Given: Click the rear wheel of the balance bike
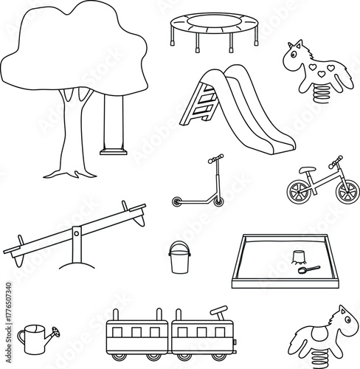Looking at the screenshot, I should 299,190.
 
